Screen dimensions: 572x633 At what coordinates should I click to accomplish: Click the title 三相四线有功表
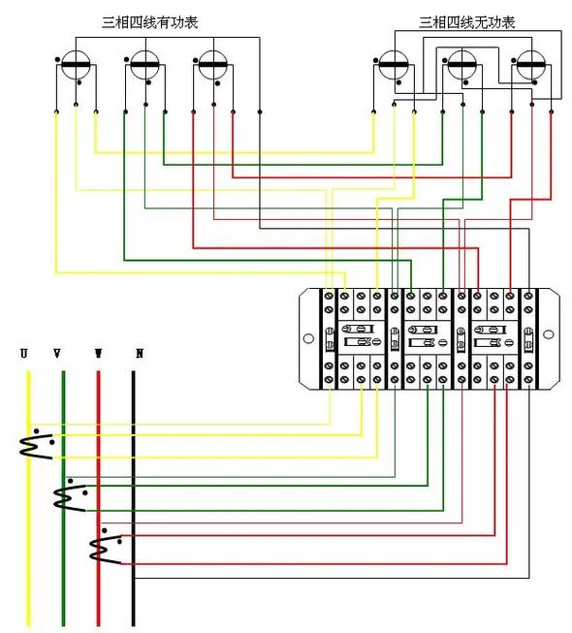(x=149, y=22)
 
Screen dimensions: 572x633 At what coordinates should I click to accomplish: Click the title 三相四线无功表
(x=467, y=22)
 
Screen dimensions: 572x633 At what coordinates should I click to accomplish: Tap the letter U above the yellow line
(x=24, y=354)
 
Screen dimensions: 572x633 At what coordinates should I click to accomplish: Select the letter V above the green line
(x=57, y=354)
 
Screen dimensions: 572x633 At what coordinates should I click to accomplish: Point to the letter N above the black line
(x=140, y=354)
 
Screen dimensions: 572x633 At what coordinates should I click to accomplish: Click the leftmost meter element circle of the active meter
(x=76, y=65)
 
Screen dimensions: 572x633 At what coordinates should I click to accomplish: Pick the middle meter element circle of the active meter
(x=144, y=65)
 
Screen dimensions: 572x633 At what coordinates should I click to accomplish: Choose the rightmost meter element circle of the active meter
(x=213, y=65)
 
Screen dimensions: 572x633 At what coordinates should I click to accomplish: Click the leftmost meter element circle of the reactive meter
(x=394, y=65)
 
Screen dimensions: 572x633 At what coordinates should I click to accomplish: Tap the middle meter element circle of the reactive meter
(x=462, y=65)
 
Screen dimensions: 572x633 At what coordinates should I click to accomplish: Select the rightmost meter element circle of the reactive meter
(x=531, y=65)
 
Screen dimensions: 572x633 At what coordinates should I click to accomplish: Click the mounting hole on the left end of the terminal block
(x=308, y=338)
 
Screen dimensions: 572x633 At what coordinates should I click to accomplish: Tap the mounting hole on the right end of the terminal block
(x=548, y=334)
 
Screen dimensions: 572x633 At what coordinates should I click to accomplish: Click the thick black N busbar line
(x=134, y=498)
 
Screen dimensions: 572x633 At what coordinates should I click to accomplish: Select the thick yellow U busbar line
(x=29, y=498)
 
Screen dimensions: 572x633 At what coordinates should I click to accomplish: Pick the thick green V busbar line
(x=63, y=498)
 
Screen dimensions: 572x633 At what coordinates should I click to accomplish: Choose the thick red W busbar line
(x=98, y=498)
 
